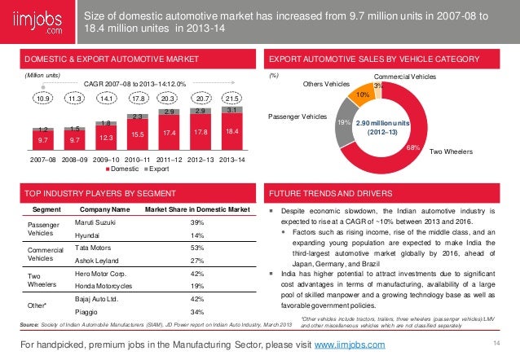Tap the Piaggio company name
87,312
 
